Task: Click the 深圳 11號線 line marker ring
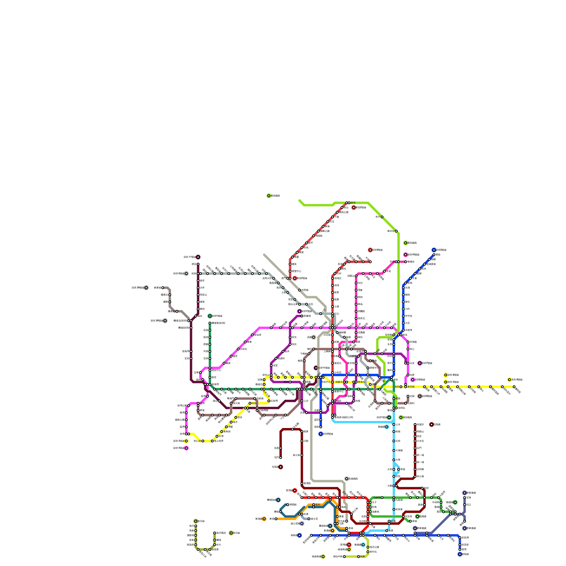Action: point(198,257)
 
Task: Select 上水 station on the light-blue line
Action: point(394,424)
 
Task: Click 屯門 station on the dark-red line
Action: point(281,458)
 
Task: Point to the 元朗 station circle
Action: point(302,441)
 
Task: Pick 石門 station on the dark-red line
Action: point(415,448)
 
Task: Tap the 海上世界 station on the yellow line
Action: point(212,441)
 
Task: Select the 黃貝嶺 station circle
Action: point(406,387)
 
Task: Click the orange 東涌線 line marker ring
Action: point(264,519)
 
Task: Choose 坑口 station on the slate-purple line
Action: point(464,505)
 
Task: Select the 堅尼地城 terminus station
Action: point(311,535)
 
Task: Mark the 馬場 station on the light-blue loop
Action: point(399,469)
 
